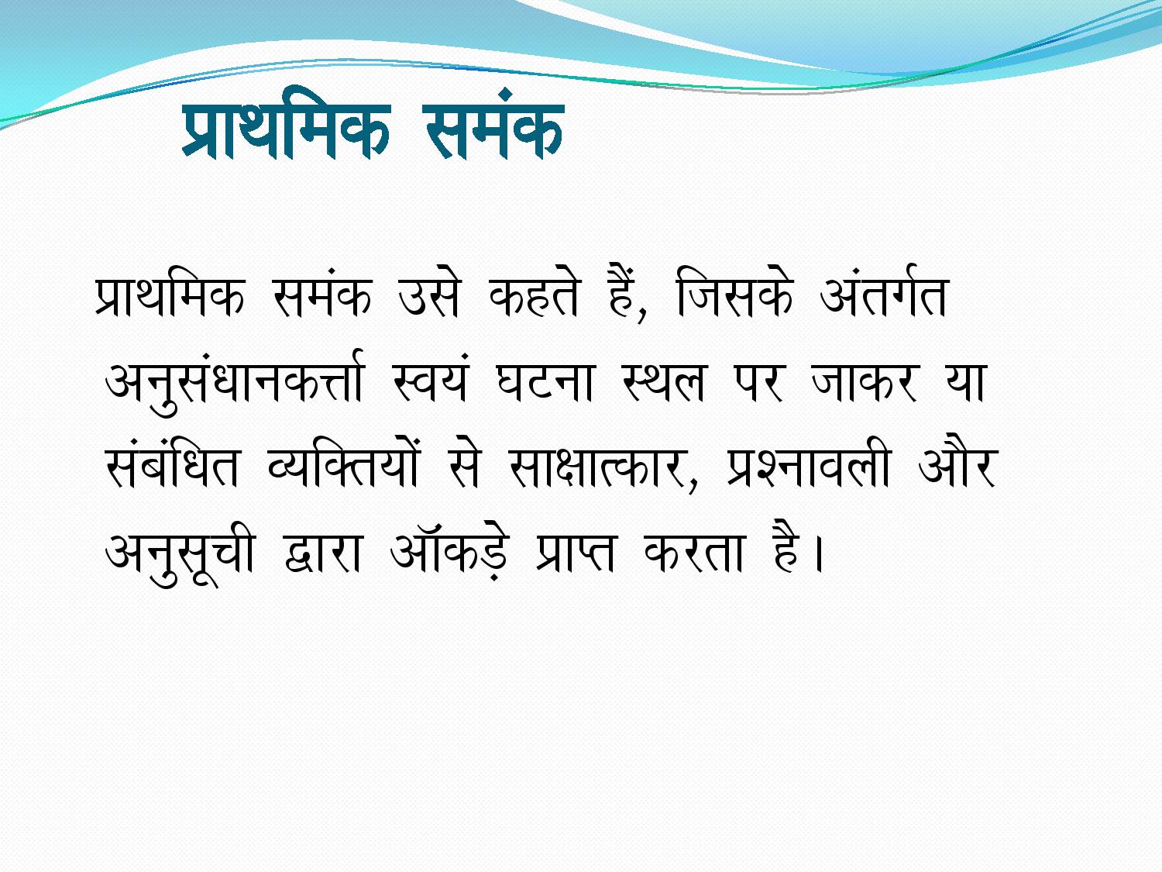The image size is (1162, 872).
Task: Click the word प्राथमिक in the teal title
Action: coord(287,129)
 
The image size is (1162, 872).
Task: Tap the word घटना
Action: coord(545,382)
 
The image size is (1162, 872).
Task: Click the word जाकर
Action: coord(864,382)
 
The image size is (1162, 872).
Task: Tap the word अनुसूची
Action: coord(180,553)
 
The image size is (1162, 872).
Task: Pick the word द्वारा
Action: coord(322,553)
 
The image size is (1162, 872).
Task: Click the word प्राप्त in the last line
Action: coord(575,553)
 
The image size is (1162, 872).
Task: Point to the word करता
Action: coord(694,553)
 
